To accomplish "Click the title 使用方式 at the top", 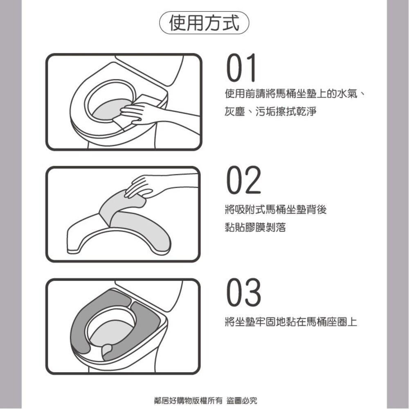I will [204, 24].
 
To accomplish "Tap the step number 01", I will [241, 68].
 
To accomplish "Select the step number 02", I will [244, 180].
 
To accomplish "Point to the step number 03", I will [244, 293].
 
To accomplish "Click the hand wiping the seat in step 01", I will [139, 112].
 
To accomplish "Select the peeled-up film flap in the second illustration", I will [117, 204].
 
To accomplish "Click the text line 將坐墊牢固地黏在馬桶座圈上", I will [291, 322].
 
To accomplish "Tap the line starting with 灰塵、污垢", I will [270, 112].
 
